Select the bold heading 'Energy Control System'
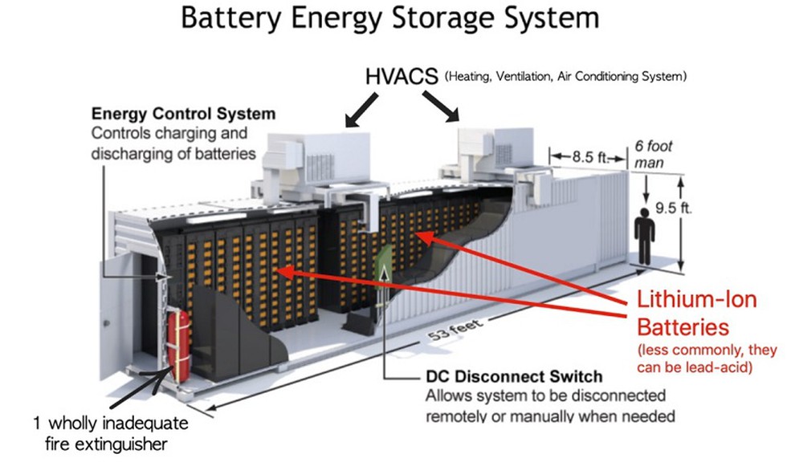pyautogui.click(x=184, y=115)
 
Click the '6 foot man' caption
pyautogui.click(x=651, y=154)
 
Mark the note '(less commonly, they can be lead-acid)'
pyautogui.click(x=707, y=359)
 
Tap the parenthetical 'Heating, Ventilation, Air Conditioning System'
pyautogui.click(x=566, y=78)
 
